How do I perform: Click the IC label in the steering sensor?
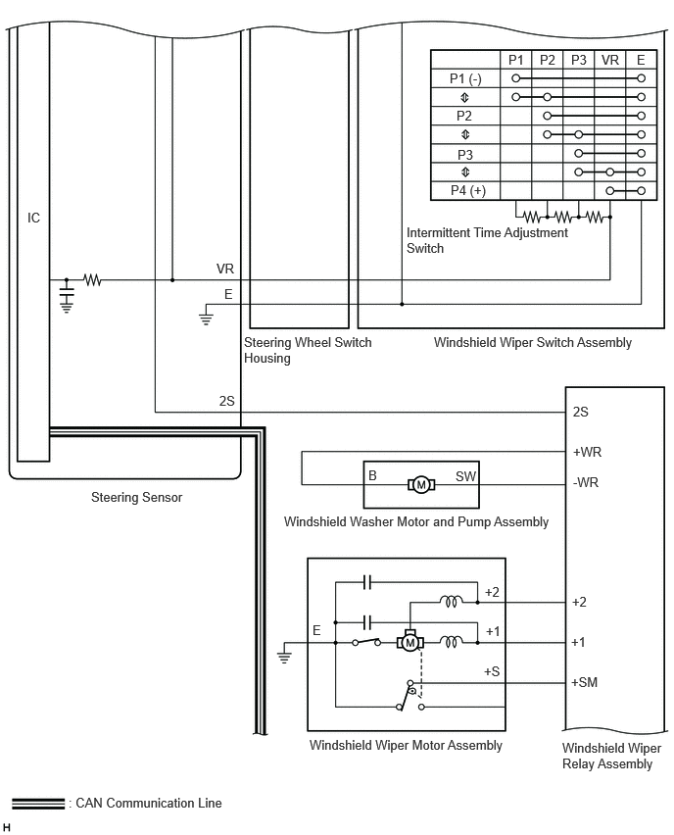click(33, 218)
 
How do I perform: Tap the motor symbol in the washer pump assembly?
click(421, 484)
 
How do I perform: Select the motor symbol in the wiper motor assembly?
click(409, 643)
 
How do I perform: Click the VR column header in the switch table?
click(610, 60)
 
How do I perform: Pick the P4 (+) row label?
click(468, 191)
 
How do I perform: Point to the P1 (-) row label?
click(465, 78)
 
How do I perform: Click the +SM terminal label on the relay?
click(584, 682)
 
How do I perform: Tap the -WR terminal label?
click(586, 482)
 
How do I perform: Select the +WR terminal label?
click(587, 452)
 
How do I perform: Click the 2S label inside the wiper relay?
click(580, 412)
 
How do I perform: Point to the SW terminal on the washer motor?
click(465, 476)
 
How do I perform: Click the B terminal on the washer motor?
click(372, 475)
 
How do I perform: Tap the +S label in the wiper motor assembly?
click(492, 671)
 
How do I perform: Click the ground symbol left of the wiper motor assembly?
click(284, 655)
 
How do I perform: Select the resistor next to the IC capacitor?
click(92, 279)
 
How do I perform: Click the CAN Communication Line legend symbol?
click(38, 804)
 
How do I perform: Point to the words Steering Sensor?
click(137, 498)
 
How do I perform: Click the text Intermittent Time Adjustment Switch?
click(487, 240)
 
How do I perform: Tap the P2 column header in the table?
click(548, 60)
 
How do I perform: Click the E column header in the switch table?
click(641, 60)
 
